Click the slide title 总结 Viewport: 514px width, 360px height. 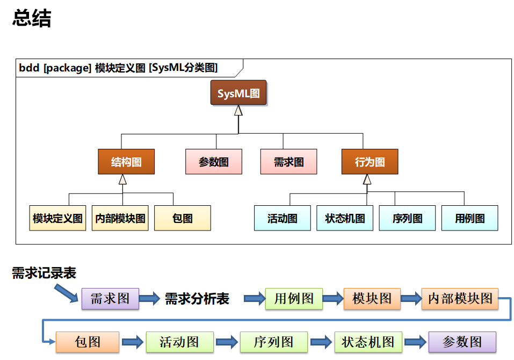pyautogui.click(x=32, y=18)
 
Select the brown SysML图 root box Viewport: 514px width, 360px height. pyautogui.click(x=238, y=93)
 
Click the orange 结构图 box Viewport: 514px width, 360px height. pyautogui.click(x=126, y=162)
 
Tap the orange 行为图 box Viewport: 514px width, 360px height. pyautogui.click(x=370, y=162)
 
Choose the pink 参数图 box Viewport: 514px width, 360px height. pyautogui.click(x=214, y=162)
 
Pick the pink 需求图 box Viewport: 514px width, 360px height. pyautogui.click(x=288, y=162)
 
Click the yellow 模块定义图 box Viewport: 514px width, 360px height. pyautogui.click(x=57, y=218)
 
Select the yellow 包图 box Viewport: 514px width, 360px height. pyautogui.click(x=183, y=218)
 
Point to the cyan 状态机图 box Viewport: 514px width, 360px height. pyautogui.click(x=345, y=218)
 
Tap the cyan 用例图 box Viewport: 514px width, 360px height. pyautogui.click(x=469, y=218)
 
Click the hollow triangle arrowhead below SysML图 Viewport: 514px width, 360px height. pyautogui.click(x=238, y=111)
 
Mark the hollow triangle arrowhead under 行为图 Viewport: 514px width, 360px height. pyautogui.click(x=367, y=179)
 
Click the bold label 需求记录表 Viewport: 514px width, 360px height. pyautogui.click(x=44, y=273)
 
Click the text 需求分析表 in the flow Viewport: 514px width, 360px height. pyautogui.click(x=197, y=299)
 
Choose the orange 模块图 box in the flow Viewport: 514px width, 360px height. pyautogui.click(x=372, y=299)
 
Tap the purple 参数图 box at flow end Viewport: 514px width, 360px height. pyautogui.click(x=462, y=342)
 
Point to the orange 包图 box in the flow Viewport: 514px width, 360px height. pyautogui.click(x=88, y=342)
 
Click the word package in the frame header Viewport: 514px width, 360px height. pyautogui.click(x=67, y=68)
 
